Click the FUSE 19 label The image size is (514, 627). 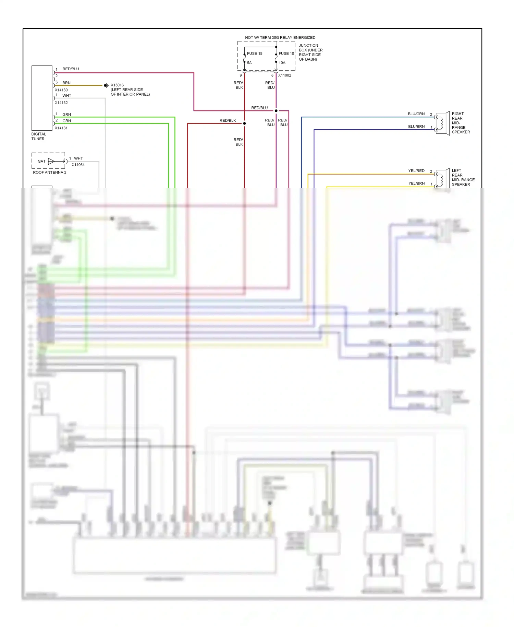point(255,54)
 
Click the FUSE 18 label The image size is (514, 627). point(286,54)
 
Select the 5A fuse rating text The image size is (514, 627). point(249,63)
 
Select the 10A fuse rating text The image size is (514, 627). point(282,63)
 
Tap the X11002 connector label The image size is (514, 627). point(284,75)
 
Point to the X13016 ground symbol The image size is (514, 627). point(106,85)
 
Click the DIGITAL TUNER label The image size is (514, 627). point(38,137)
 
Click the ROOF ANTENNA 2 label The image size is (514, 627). point(50,173)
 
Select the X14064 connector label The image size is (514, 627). point(78,165)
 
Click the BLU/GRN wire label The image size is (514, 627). point(416,114)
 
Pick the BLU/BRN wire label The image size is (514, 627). point(416,127)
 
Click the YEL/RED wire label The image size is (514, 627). point(416,171)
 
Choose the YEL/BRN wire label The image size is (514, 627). point(416,184)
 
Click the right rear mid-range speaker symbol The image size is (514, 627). point(442,123)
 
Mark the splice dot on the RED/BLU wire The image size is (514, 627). point(276,111)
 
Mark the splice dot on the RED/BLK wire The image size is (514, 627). point(244,123)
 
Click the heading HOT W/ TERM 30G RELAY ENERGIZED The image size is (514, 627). point(280,38)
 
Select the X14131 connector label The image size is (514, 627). point(61,128)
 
